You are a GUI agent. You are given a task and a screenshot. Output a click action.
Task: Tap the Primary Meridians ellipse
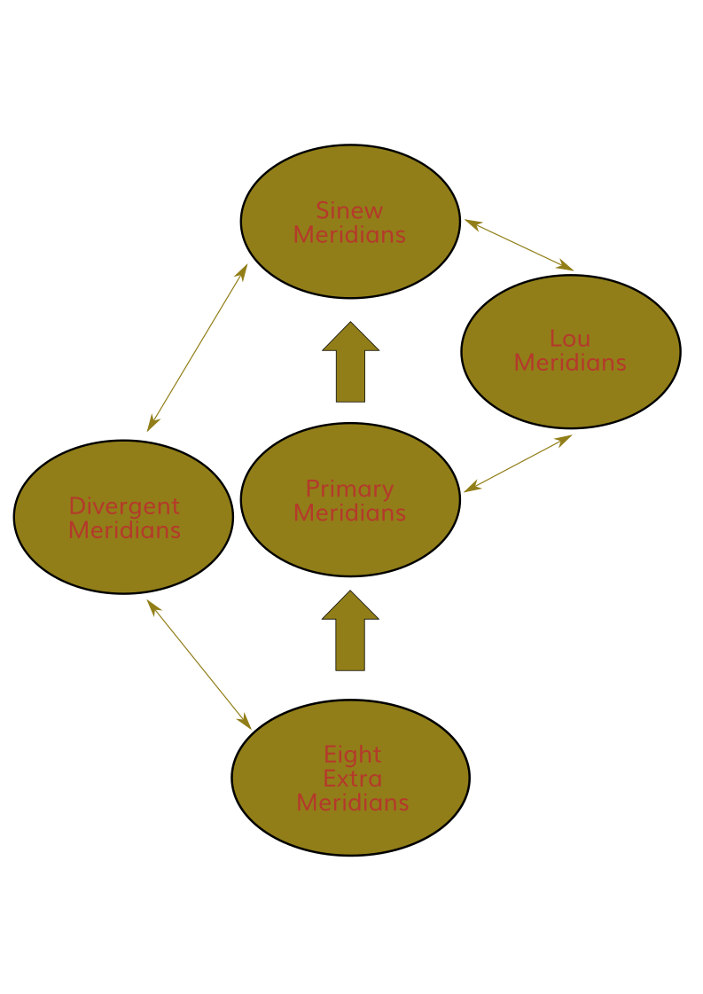350,545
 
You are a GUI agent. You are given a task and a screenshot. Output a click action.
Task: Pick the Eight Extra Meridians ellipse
350,834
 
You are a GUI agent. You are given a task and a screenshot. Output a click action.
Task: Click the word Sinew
350,211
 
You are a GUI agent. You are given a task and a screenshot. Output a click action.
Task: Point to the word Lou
570,339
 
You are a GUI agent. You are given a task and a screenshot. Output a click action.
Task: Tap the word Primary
350,489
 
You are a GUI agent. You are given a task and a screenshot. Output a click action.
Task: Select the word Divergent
124,506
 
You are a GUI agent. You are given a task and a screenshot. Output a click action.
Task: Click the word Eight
352,755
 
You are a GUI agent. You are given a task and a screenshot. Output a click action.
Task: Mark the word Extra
352,779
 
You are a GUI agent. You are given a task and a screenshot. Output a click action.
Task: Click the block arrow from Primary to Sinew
350,364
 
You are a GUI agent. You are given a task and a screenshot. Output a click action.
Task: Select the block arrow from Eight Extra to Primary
350,632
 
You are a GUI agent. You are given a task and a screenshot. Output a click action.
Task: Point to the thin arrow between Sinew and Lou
519,245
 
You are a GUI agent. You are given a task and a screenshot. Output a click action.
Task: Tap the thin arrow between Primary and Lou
518,463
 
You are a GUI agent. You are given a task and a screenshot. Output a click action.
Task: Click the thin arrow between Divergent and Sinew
197,348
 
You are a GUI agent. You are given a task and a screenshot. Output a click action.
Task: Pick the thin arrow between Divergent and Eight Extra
199,664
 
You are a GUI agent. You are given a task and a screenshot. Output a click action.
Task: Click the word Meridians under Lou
570,363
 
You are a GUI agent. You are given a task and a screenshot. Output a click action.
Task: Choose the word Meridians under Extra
352,802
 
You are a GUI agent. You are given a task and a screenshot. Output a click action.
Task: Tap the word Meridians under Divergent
124,530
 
